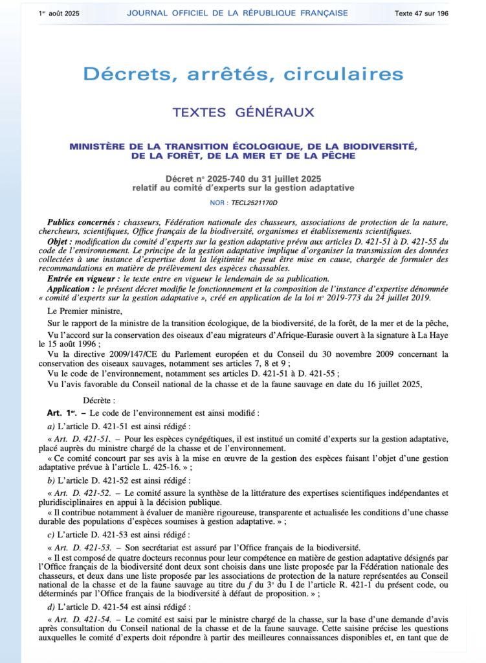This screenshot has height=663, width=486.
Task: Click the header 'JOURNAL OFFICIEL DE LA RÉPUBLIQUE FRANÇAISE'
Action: pos(237,13)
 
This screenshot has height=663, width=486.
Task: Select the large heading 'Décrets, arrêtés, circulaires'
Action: pos(243,74)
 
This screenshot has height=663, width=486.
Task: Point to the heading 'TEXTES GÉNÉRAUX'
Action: pos(243,113)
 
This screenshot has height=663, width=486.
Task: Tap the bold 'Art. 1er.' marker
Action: pos(63,412)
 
